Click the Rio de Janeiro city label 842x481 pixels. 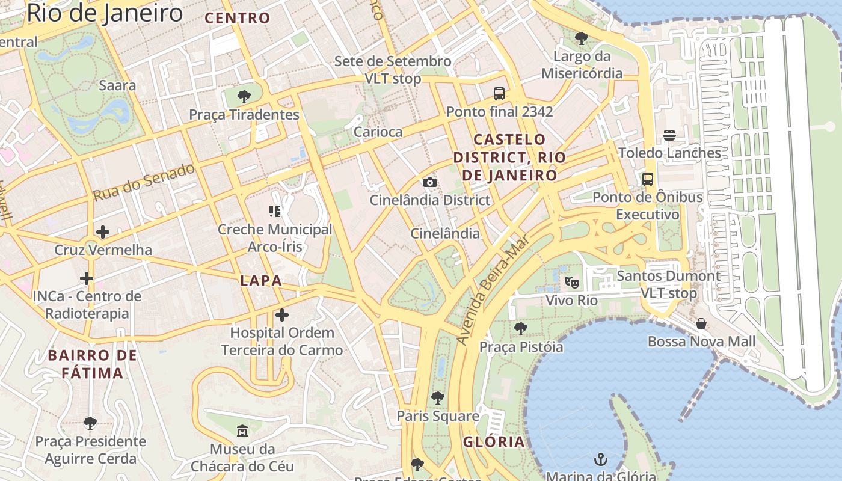click(x=104, y=13)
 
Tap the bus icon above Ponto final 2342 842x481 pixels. click(x=499, y=94)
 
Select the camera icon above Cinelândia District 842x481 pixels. click(x=430, y=183)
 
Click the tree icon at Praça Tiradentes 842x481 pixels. click(x=244, y=97)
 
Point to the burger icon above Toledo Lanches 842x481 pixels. click(x=669, y=135)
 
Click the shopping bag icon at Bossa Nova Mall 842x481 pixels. click(x=701, y=324)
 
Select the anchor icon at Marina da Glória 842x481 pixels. click(x=600, y=461)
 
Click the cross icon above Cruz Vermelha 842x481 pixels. click(x=103, y=231)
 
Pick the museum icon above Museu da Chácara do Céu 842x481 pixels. click(x=242, y=430)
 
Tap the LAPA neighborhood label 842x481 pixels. click(x=261, y=281)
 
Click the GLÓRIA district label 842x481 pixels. click(x=494, y=442)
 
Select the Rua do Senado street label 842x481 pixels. click(x=144, y=182)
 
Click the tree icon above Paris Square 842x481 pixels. click(x=438, y=397)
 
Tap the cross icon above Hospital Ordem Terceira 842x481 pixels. click(x=282, y=315)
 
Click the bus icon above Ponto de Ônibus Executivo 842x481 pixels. click(x=648, y=179)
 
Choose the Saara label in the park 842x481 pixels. click(x=117, y=85)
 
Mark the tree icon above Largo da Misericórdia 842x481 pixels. click(x=581, y=39)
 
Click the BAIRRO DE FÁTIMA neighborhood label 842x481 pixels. click(x=93, y=364)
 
